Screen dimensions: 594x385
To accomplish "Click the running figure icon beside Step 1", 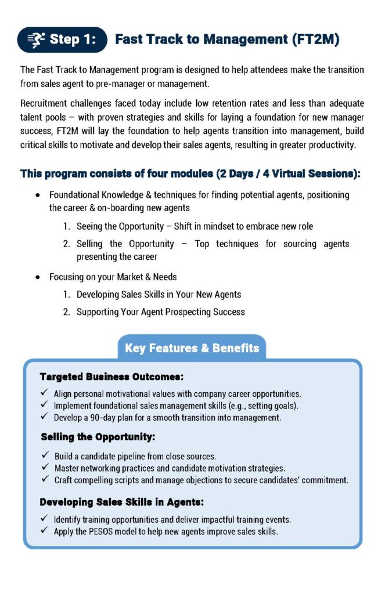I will pyautogui.click(x=36, y=39).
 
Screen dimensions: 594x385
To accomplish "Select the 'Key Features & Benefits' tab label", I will pyautogui.click(x=192, y=348).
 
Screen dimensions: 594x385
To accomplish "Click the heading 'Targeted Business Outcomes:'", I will pyautogui.click(x=111, y=376).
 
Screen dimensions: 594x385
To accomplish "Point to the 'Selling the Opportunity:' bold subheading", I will pyautogui.click(x=98, y=436).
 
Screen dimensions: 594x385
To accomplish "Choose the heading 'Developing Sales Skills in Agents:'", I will pyautogui.click(x=121, y=502).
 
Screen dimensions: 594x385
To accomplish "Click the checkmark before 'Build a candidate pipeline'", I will pyautogui.click(x=45, y=456).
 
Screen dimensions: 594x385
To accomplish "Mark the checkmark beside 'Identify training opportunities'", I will pyautogui.click(x=45, y=519).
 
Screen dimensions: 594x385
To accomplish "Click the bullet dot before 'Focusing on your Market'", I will pyautogui.click(x=38, y=277).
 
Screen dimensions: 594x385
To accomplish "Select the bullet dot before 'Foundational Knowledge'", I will pyautogui.click(x=38, y=195).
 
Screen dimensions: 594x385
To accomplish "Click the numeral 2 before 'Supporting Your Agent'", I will pyautogui.click(x=66, y=312).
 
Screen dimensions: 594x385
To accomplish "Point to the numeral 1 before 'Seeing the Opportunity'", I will pyautogui.click(x=66, y=226).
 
